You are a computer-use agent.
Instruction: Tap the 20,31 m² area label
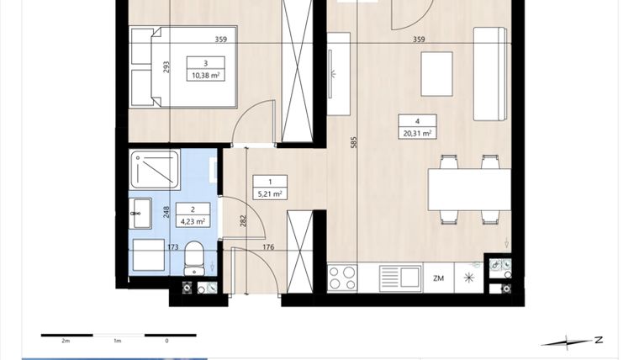coord(417,132)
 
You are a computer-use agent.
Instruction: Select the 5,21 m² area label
coord(270,193)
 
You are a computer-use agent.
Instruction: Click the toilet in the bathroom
coord(194,257)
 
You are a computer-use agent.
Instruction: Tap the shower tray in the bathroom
coord(155,169)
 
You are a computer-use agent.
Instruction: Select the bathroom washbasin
coord(139,214)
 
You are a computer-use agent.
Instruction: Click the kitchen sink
coord(399,278)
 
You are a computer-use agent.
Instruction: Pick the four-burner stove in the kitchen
coord(342,278)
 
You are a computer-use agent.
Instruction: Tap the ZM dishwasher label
coord(438,278)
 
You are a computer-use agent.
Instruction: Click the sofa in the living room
coord(490,73)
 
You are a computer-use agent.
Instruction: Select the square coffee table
coord(436,74)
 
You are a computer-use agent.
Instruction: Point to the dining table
coord(468,189)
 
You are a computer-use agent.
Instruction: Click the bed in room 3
coord(183,67)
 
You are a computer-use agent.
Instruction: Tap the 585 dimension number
coord(354,142)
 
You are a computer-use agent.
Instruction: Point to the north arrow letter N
coord(599,340)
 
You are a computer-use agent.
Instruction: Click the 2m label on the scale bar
coord(65,341)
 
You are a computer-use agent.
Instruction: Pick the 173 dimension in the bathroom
coord(173,247)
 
